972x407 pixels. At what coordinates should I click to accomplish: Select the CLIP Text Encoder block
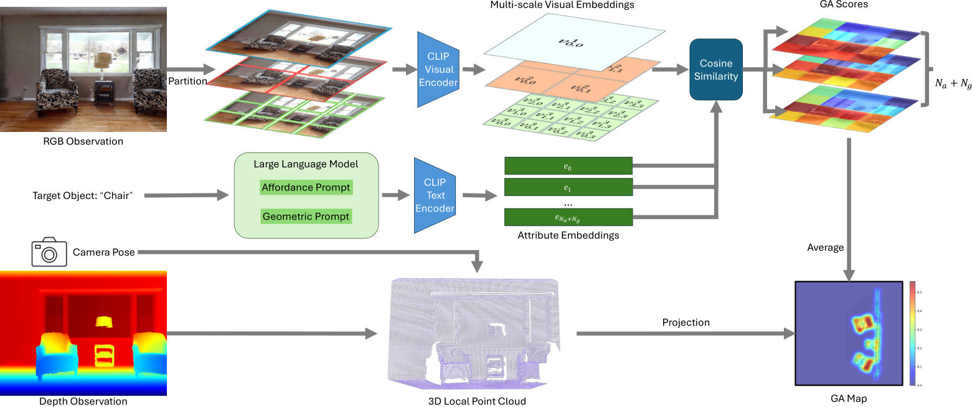pos(435,195)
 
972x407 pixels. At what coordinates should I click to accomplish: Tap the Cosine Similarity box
pos(716,70)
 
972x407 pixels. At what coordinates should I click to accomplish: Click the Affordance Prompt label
pos(306,187)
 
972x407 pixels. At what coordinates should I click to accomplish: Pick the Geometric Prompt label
pos(306,217)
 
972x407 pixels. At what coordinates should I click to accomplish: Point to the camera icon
pos(49,252)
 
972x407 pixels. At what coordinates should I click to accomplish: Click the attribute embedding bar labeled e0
pos(568,166)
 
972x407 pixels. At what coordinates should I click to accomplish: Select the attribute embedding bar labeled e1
pos(568,187)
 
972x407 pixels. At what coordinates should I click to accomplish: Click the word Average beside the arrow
pos(825,248)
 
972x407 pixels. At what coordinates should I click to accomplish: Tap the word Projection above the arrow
pos(686,322)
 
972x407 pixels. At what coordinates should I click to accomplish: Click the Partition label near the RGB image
pos(187,81)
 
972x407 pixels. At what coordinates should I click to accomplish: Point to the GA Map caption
pos(849,399)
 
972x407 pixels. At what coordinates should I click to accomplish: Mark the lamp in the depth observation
pos(103,322)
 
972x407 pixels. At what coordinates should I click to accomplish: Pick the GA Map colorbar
pos(912,334)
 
